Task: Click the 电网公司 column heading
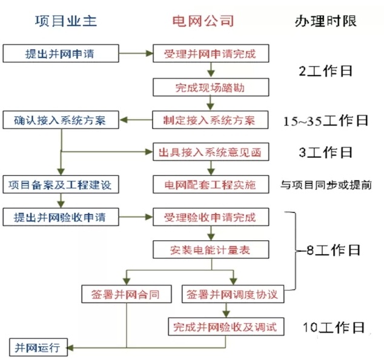204,21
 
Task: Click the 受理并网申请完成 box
210,53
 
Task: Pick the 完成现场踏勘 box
210,87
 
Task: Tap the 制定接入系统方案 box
210,120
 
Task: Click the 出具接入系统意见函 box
210,152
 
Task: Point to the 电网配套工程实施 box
210,184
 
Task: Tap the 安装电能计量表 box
210,248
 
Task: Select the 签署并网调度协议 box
233,295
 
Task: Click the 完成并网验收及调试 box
225,327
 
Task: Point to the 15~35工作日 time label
326,120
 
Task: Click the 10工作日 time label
333,328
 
